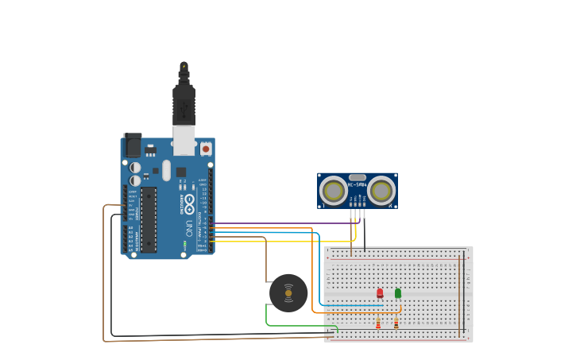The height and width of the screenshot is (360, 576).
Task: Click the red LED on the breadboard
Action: click(x=380, y=293)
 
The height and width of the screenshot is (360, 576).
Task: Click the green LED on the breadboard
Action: click(x=398, y=293)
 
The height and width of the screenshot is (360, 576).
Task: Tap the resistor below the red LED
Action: click(x=378, y=323)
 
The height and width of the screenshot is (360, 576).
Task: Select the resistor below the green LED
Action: click(x=396, y=323)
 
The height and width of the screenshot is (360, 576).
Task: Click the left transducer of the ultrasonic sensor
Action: click(x=333, y=191)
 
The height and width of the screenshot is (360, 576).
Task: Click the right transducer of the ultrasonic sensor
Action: click(x=381, y=191)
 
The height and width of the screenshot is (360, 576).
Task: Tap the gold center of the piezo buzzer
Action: click(x=288, y=293)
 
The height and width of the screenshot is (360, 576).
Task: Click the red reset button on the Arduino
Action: click(x=206, y=149)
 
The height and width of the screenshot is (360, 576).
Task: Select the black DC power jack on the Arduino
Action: click(x=133, y=145)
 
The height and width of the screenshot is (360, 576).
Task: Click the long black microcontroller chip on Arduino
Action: click(x=149, y=219)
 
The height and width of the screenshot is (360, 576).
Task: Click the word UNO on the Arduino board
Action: click(x=189, y=228)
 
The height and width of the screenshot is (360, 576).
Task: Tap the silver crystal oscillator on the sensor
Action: click(x=358, y=178)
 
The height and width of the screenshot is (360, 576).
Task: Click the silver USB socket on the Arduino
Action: click(x=184, y=140)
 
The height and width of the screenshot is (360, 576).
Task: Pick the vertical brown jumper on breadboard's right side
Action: click(x=459, y=294)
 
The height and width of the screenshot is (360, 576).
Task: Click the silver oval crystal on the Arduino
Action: click(x=166, y=170)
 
